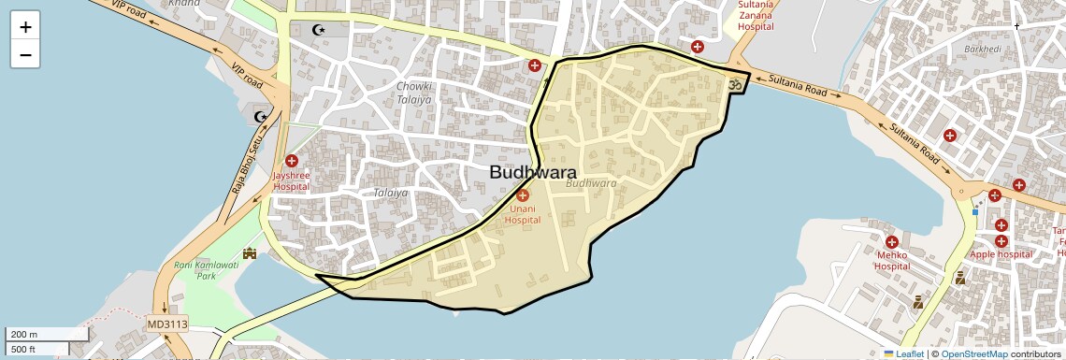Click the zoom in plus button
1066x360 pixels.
25,27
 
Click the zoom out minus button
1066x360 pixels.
25,55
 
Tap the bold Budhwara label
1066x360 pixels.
533,172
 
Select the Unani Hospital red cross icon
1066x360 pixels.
523,194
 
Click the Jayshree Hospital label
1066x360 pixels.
291,180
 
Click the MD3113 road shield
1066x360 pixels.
167,324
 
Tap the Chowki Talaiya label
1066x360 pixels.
414,92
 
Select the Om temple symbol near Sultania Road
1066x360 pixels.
735,84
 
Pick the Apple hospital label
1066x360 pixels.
1001,254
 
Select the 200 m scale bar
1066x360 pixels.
47,334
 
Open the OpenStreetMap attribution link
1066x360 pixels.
973,354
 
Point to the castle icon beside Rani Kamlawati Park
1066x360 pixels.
250,252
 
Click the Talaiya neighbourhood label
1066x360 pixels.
390,193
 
